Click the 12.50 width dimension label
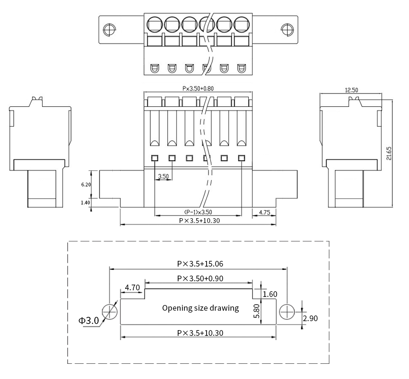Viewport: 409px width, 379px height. click(351, 90)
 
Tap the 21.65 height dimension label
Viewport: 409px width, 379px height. click(389, 154)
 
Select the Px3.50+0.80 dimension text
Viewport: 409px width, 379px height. click(198, 89)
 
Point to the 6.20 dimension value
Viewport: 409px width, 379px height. click(86, 185)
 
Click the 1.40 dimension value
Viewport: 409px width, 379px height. click(85, 203)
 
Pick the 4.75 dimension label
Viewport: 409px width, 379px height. click(264, 213)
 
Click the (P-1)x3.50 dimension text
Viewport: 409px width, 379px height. click(198, 212)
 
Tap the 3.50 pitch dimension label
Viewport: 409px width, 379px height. click(164, 176)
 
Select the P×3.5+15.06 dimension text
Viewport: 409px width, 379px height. click(200, 264)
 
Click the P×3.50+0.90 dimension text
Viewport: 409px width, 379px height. click(200, 278)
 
